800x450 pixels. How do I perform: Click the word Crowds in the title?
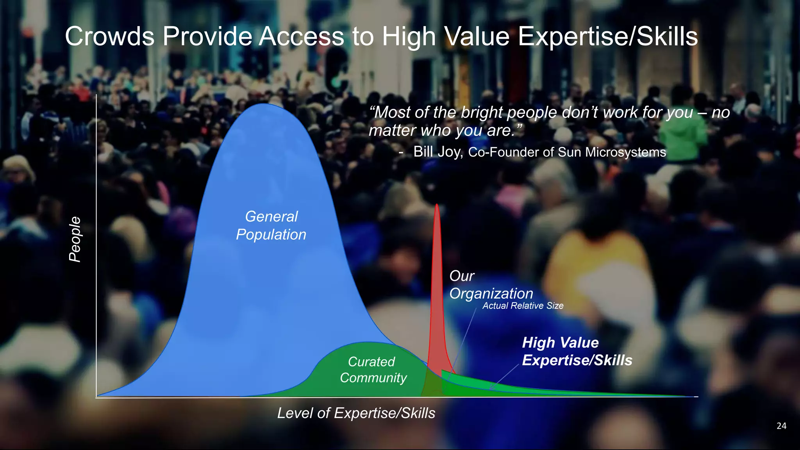[x=109, y=36]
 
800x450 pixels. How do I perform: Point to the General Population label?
[x=271, y=225]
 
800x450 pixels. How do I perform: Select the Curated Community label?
[x=373, y=370]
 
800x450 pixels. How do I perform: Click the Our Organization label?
[x=491, y=285]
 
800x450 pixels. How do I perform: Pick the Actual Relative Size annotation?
[x=523, y=306]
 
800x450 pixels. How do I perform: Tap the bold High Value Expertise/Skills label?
[x=577, y=351]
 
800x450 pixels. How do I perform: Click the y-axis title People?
[x=75, y=239]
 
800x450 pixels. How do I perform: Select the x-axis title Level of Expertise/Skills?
[x=356, y=413]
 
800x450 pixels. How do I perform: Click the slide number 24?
[x=781, y=426]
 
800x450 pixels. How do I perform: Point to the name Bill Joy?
[x=437, y=152]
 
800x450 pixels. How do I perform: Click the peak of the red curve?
[x=437, y=205]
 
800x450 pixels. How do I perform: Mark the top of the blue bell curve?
[x=264, y=104]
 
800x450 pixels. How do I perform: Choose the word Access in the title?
[x=302, y=36]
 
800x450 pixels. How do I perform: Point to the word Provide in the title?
[x=207, y=36]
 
